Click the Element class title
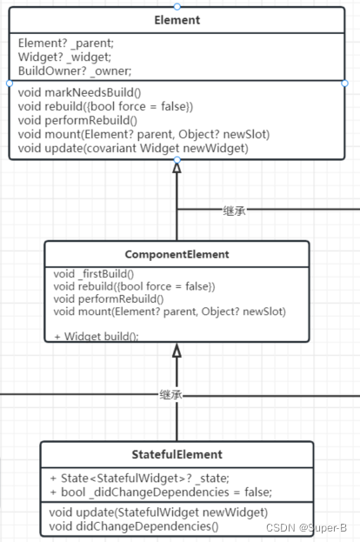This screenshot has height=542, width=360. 177,19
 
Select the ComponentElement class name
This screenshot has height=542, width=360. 177,255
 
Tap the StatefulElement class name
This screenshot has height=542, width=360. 177,454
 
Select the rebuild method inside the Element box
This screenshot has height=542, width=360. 105,105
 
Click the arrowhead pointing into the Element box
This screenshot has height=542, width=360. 177,168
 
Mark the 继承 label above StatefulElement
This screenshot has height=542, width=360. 172,395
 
